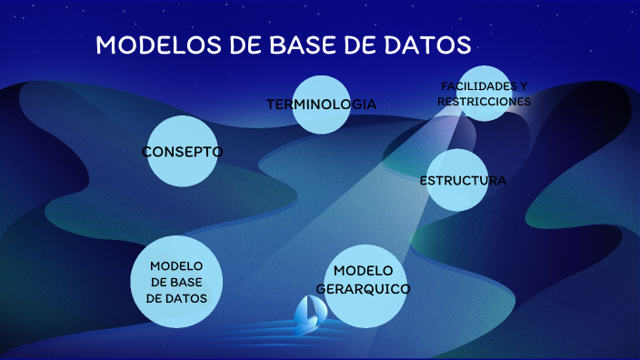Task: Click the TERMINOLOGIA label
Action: pos(321,105)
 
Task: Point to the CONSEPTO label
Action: pos(183,152)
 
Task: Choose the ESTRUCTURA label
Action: pos(463,181)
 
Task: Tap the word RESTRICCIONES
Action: pos(484,102)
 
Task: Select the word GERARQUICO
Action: pos(363,288)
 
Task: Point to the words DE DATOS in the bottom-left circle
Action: pos(177,297)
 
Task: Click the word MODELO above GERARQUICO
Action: pos(363,271)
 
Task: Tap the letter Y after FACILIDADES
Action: pos(523,86)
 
